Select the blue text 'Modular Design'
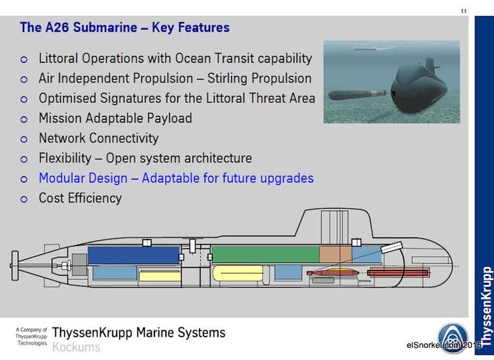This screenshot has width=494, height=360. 83,179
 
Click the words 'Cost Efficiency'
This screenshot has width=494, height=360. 81,198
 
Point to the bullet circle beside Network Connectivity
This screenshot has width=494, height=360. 24,139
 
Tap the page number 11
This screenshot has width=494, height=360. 464,11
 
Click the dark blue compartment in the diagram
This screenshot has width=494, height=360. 134,256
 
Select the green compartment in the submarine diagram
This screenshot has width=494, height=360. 266,255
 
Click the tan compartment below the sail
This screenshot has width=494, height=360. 336,255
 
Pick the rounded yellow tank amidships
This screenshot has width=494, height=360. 238,273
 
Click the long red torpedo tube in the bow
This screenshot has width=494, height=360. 399,273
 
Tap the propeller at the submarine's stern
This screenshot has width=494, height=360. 15,266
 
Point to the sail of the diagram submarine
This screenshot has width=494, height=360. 334,223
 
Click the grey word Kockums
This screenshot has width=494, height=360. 77,347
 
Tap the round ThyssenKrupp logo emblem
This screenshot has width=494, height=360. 453,339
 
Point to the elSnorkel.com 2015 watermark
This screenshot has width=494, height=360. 444,345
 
